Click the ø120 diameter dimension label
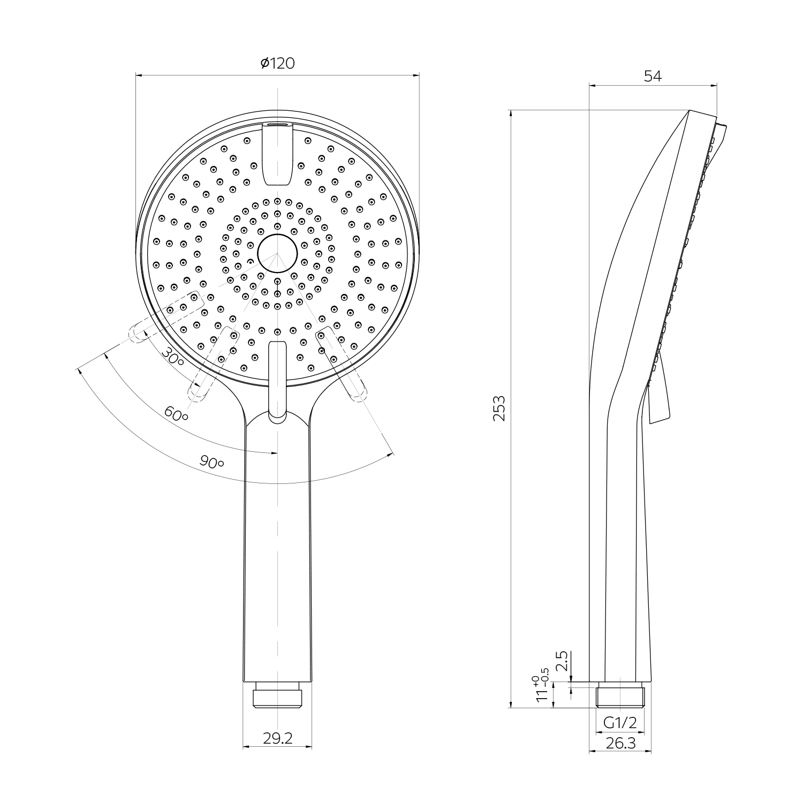click(x=277, y=63)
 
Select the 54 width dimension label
click(x=653, y=76)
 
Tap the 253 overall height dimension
click(x=499, y=408)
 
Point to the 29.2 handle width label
click(x=278, y=738)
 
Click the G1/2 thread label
click(x=620, y=723)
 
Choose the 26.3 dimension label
click(x=620, y=743)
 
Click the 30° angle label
click(x=173, y=356)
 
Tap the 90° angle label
click(x=211, y=462)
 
